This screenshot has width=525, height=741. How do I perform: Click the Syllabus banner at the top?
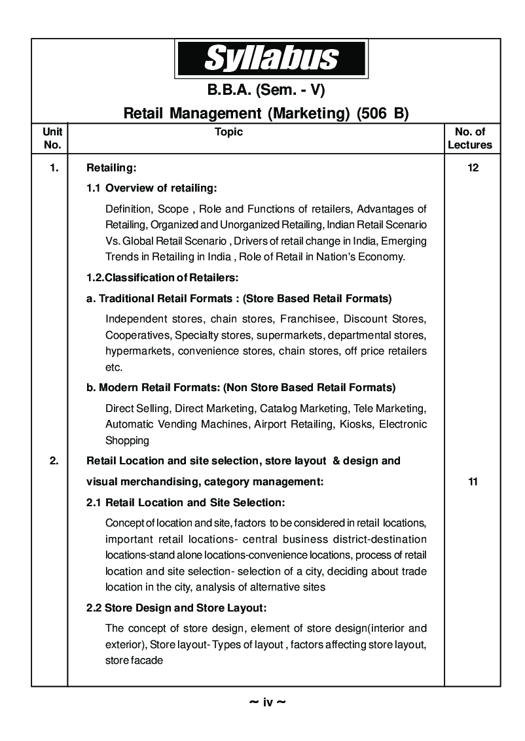[270, 58]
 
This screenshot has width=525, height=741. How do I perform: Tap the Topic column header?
[228, 132]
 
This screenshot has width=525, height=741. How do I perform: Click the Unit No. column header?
[52, 138]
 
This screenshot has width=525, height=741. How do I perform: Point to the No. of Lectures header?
[469, 138]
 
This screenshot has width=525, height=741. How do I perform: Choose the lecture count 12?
[473, 168]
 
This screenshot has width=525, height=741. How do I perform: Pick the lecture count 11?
[473, 482]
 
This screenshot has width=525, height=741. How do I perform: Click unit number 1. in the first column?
[54, 168]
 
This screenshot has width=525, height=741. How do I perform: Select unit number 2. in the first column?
[54, 461]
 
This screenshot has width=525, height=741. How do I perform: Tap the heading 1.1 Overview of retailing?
[152, 188]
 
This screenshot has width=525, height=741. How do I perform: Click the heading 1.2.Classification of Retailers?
[162, 278]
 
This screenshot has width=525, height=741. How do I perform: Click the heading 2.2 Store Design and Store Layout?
[177, 608]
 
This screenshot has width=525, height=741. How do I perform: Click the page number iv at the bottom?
[268, 702]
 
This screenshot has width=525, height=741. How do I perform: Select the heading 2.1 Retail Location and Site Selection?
[185, 503]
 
